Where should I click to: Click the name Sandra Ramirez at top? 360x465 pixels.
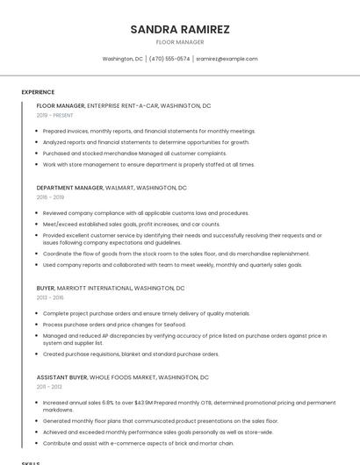(180, 29)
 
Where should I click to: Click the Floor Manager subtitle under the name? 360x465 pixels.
(180, 42)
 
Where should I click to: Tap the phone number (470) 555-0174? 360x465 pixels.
(169, 59)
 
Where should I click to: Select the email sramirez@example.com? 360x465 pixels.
(227, 59)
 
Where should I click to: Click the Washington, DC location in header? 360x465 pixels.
(122, 59)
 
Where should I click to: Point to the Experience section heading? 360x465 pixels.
(38, 92)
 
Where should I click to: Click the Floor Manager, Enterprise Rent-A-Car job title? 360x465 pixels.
(124, 105)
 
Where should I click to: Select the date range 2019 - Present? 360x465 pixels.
(54, 115)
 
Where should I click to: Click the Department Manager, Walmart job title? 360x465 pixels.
(112, 188)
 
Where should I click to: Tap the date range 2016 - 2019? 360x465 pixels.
(50, 197)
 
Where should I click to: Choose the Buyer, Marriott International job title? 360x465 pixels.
(111, 288)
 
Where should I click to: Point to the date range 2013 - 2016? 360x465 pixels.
(50, 297)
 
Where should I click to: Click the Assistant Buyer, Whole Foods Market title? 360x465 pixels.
(123, 377)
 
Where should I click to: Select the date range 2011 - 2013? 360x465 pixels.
(49, 387)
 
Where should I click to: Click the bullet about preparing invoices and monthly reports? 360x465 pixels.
(149, 131)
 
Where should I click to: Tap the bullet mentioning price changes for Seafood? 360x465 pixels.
(114, 325)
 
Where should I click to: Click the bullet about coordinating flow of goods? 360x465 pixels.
(176, 254)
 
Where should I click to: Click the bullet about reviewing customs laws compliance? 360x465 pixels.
(146, 213)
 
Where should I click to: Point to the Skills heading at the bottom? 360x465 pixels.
(31, 461)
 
